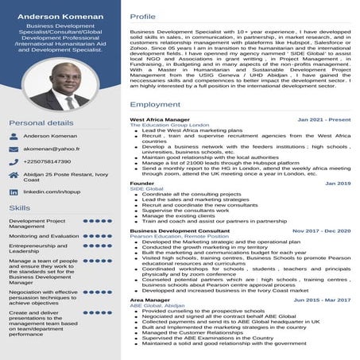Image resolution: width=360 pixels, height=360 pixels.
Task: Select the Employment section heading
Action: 155,104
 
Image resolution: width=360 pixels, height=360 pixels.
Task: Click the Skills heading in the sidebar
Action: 20,207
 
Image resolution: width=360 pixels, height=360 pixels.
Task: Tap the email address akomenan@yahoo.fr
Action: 52,149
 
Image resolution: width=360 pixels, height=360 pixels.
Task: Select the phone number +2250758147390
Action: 52,161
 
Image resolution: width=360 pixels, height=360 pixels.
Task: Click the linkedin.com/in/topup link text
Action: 54,192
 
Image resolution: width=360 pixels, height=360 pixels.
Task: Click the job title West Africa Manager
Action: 160,119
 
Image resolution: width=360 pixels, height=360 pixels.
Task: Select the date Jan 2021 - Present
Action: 323,119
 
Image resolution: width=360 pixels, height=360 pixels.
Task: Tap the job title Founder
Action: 142,183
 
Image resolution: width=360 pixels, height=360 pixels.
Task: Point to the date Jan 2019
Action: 338,183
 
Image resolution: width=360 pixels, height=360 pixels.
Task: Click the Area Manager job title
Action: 150,300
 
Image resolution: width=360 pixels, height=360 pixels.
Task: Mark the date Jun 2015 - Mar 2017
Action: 322,300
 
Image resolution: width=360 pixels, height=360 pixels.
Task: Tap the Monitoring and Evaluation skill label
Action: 44,236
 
